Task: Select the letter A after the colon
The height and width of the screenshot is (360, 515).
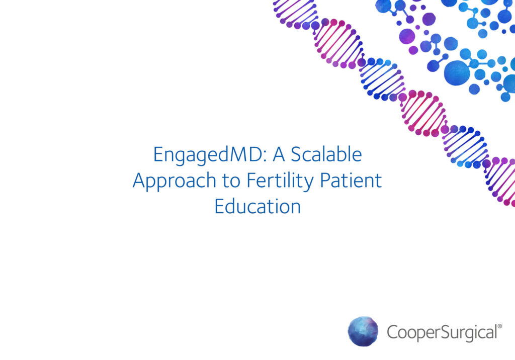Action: (x=279, y=155)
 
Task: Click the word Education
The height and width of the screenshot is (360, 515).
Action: (x=257, y=206)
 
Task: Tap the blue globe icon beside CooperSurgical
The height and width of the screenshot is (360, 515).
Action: (x=363, y=331)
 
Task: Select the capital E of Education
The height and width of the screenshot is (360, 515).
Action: (x=219, y=206)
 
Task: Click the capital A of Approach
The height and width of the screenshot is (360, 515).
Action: (x=139, y=181)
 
